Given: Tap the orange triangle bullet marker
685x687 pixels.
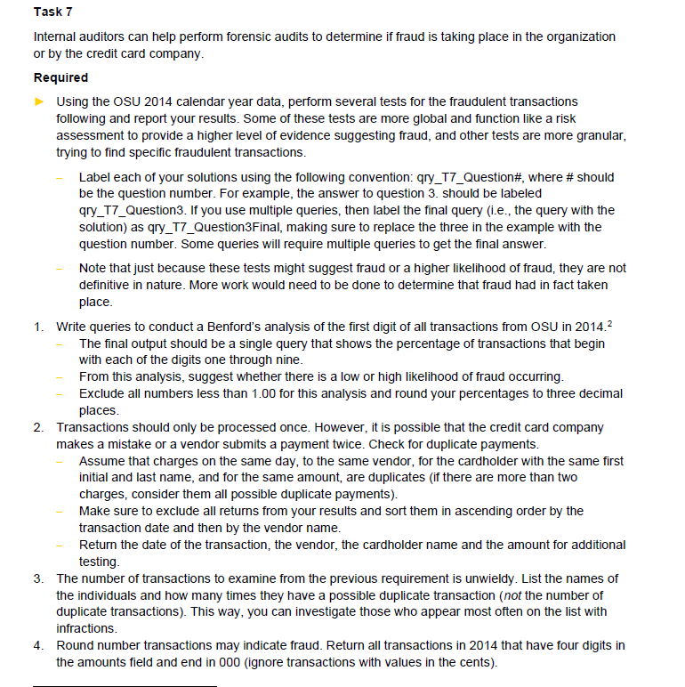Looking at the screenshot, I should [38, 101].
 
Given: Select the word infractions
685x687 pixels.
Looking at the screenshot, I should [89, 628].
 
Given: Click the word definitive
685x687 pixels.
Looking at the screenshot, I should [109, 285].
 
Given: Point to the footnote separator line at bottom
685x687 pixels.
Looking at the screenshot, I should [125, 686].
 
